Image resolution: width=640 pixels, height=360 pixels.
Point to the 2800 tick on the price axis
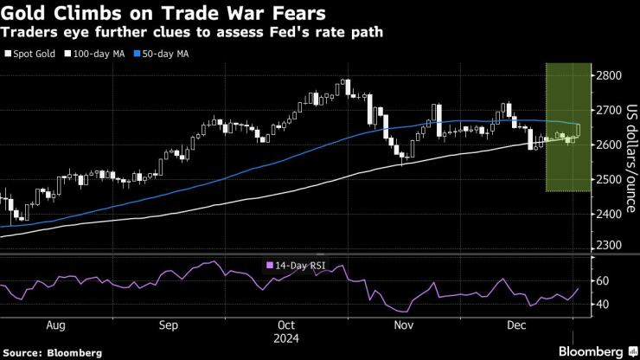click(608, 76)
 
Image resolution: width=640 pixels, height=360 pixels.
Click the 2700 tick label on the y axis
click(608, 111)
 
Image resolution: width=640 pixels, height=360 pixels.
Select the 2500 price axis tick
click(608, 179)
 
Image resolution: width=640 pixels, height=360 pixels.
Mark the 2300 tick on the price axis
click(608, 247)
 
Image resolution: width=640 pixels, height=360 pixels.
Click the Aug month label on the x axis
click(54, 326)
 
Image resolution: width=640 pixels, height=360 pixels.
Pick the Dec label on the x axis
click(517, 326)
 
